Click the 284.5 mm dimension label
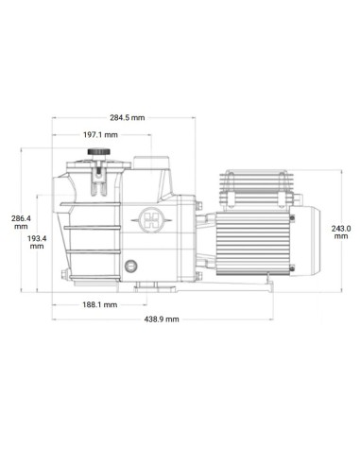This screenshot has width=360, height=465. pos(128,118)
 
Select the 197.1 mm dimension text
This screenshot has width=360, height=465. pos(100,135)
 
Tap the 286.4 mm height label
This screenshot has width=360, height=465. pos(21,222)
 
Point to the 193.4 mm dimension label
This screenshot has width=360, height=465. pos(37,242)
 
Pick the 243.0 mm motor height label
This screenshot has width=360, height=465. pos(341,232)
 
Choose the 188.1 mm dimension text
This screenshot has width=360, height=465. pos(100,304)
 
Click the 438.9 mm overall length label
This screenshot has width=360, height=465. pos(162,319)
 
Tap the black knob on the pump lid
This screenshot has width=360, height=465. pos(99,152)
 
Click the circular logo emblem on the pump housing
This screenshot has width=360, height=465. pos(151,220)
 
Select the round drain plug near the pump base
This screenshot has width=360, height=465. pos(130,267)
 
